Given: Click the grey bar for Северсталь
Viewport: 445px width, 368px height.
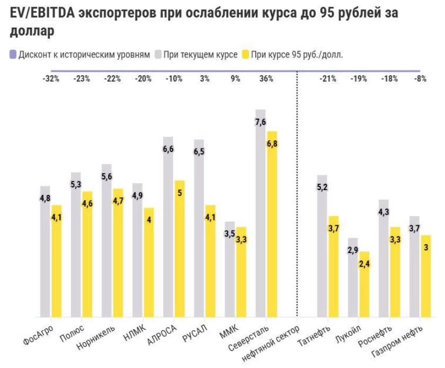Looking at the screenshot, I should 260,223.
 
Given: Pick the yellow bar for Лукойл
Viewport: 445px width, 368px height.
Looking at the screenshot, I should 364,288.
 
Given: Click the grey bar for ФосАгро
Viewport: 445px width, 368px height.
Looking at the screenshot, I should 45,258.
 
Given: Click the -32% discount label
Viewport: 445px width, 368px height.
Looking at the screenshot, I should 50,79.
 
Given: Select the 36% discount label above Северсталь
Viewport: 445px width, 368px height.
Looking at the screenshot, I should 266,79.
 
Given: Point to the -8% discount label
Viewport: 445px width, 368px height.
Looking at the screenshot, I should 420,79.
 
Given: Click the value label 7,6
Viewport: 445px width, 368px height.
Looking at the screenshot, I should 261,121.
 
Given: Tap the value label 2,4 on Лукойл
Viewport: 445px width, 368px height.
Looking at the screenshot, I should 365,264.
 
